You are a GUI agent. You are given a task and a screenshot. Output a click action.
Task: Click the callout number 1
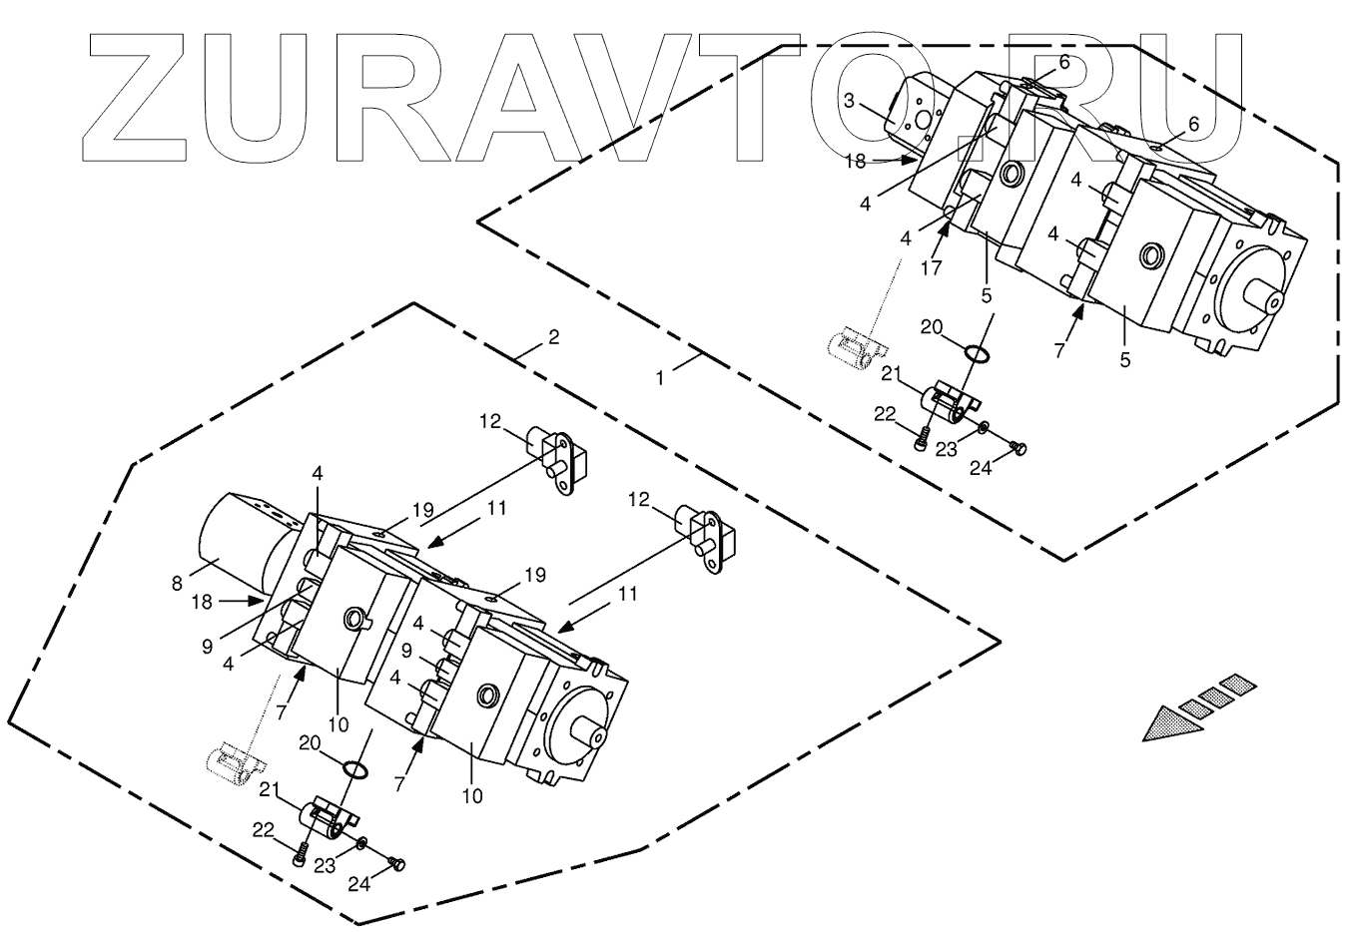click(x=660, y=378)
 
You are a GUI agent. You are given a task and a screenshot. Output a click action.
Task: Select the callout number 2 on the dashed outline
click(x=552, y=336)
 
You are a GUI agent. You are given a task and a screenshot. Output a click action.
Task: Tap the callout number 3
click(x=848, y=100)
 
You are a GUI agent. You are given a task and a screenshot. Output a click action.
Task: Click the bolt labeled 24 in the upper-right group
click(x=1017, y=448)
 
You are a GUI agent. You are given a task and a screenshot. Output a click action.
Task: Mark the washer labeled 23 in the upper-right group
click(x=984, y=428)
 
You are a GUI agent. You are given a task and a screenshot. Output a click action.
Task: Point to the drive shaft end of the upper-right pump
click(x=1270, y=297)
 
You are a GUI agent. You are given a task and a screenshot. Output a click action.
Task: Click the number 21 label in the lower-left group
click(x=268, y=790)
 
